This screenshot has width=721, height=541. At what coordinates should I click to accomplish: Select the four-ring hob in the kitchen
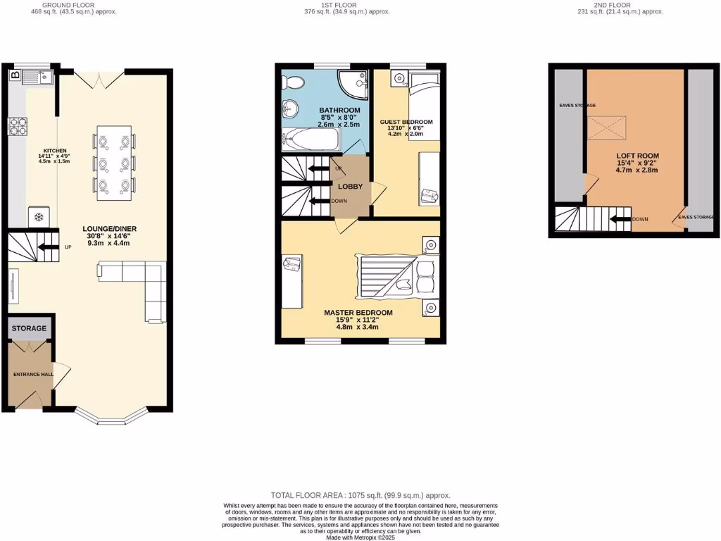pyautogui.click(x=18, y=127)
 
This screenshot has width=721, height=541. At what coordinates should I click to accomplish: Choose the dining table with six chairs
pyautogui.click(x=113, y=162)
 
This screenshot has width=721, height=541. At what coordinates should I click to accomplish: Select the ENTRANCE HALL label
pyautogui.click(x=32, y=374)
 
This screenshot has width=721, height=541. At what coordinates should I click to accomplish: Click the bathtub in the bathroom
pyautogui.click(x=310, y=139)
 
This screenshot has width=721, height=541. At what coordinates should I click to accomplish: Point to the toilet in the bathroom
pyautogui.click(x=292, y=83)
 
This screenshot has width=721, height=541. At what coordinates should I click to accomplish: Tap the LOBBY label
pyautogui.click(x=350, y=187)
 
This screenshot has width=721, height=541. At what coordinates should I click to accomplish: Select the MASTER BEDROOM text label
pyautogui.click(x=358, y=312)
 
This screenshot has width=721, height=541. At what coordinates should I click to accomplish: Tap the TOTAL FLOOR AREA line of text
pyautogui.click(x=360, y=495)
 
